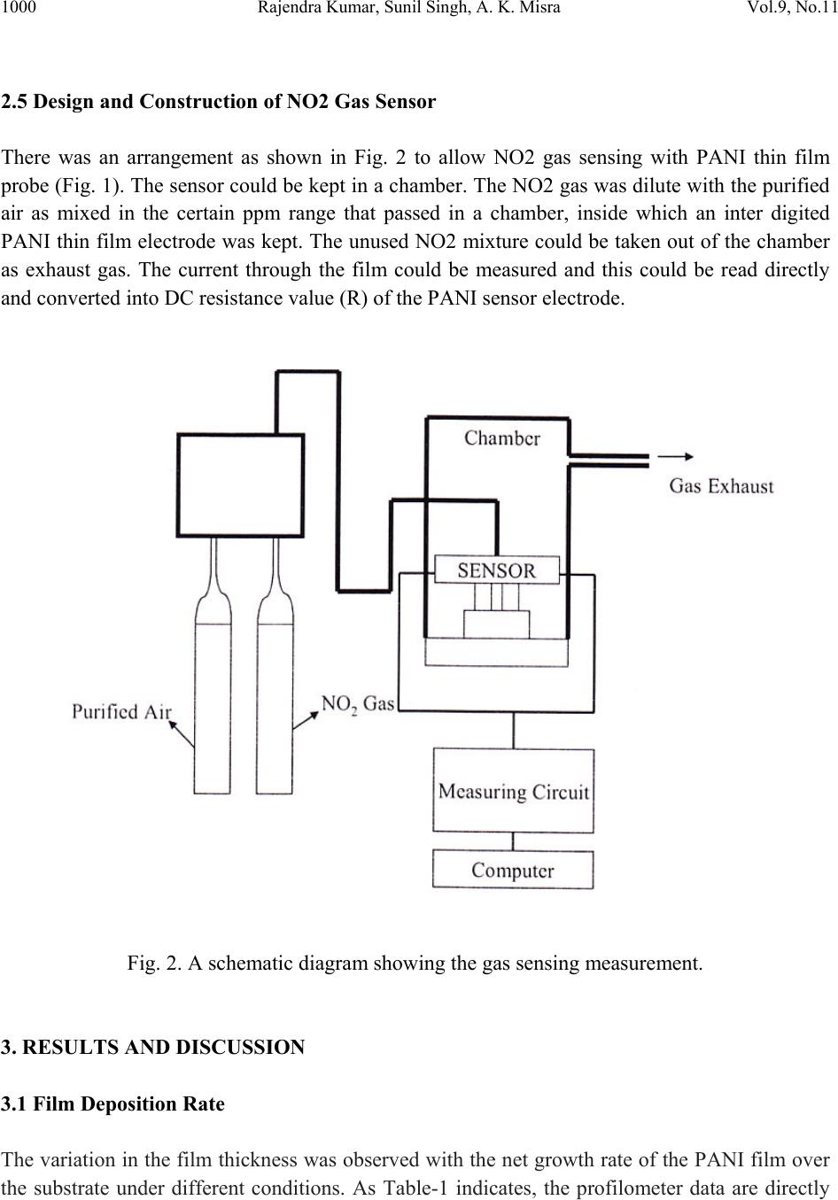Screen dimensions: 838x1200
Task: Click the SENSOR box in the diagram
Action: point(497,570)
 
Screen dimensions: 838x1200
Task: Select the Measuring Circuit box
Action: point(513,790)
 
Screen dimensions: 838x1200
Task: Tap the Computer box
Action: point(513,871)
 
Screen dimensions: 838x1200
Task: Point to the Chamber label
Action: point(502,438)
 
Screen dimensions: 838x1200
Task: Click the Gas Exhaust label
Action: point(721,486)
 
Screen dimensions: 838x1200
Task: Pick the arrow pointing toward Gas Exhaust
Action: point(676,456)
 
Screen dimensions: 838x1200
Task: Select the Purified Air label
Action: point(121,711)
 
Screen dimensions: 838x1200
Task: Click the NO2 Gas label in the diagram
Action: point(357,704)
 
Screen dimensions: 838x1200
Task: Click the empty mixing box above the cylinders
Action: point(241,485)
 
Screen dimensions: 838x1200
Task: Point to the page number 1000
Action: point(19,7)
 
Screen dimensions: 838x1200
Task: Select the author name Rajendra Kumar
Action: point(318,7)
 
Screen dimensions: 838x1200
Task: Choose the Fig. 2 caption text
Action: point(415,964)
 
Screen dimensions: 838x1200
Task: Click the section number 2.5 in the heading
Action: point(14,101)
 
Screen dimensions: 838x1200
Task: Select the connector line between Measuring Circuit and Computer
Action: point(513,842)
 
